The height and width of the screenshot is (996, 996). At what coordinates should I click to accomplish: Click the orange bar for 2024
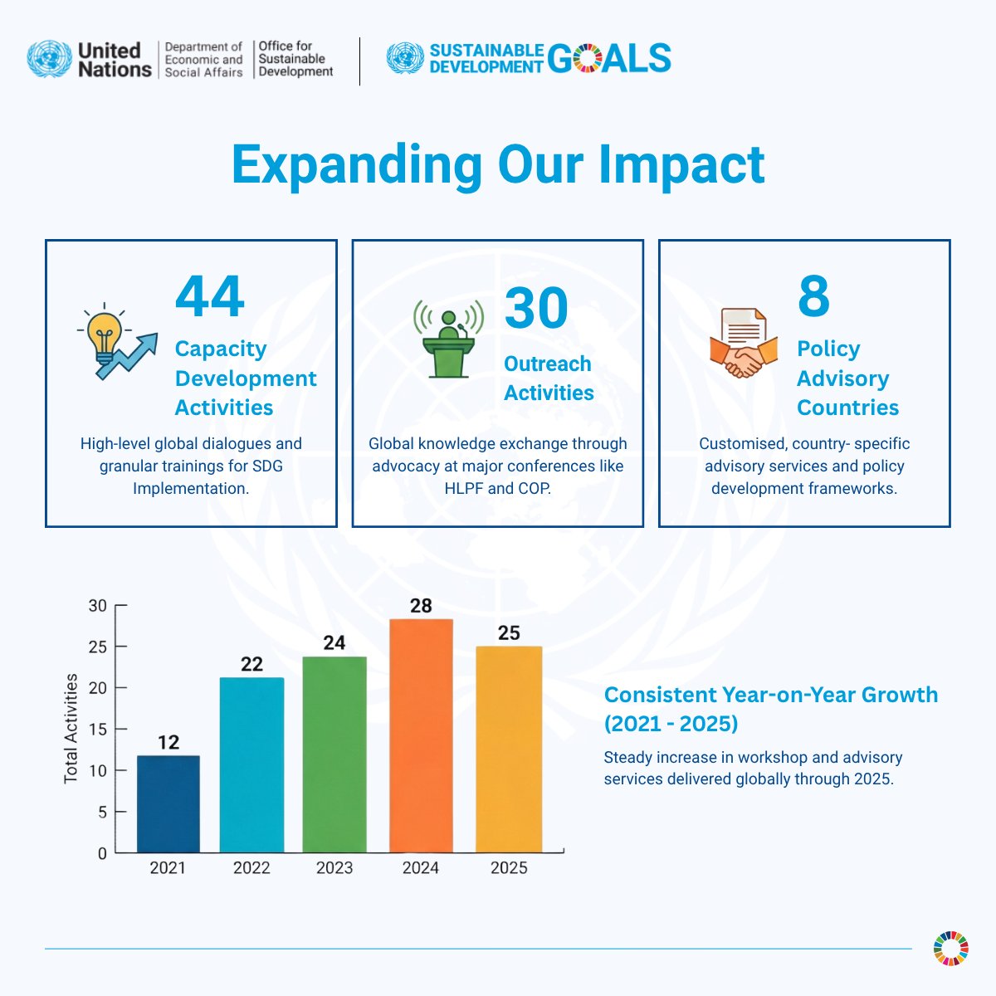421,735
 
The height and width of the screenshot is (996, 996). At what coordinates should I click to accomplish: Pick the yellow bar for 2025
509,749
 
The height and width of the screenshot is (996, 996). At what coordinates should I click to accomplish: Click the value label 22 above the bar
251,664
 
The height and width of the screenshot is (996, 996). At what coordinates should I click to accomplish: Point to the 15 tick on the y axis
98,730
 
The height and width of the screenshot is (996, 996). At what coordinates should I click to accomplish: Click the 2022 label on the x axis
251,868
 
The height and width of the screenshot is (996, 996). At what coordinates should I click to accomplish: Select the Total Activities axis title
71,729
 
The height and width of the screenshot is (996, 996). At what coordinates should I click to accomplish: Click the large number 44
210,297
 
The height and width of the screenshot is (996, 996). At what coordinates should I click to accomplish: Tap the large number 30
536,309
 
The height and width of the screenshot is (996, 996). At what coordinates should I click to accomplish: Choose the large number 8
813,297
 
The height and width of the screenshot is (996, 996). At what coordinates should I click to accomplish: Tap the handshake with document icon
744,343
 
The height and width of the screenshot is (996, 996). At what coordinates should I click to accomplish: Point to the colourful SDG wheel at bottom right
950,948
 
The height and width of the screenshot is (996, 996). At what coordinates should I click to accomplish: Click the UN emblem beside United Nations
50,60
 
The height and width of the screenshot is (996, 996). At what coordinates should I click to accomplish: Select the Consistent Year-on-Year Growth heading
770,709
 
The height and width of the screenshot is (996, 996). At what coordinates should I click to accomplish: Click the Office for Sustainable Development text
295,59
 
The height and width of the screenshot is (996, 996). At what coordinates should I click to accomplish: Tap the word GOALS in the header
610,58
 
